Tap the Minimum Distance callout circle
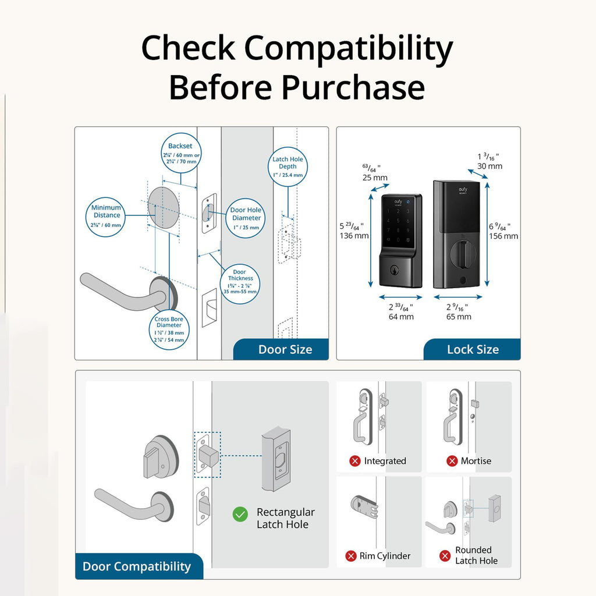[x=107, y=216]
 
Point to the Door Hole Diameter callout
[x=246, y=218]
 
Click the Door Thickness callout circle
[x=240, y=281]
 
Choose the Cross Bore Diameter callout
[x=169, y=329]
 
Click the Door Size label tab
[x=285, y=350]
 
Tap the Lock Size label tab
[x=472, y=350]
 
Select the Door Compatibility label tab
[x=137, y=566]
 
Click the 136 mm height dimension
[x=354, y=236]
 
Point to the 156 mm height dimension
[x=503, y=236]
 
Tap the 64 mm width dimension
[x=401, y=317]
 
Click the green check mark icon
[x=240, y=514]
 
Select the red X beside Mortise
[x=452, y=461]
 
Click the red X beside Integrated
[x=354, y=461]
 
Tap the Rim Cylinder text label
[x=385, y=556]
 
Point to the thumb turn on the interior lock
[x=463, y=255]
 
